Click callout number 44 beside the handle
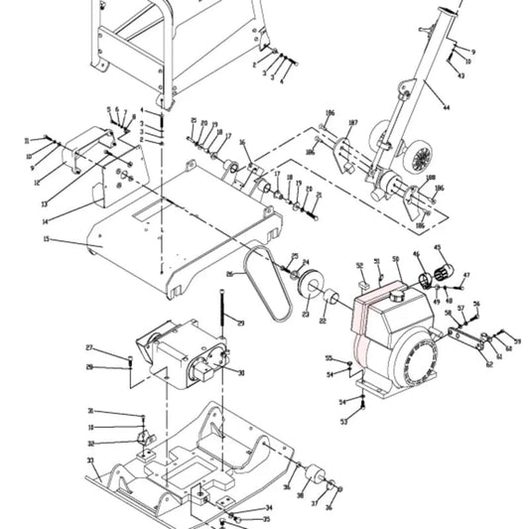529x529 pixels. pyautogui.click(x=446, y=106)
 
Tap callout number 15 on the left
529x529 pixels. pyautogui.click(x=46, y=239)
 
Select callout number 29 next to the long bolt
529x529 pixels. pyautogui.click(x=240, y=324)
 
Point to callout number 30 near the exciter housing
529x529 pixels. pyautogui.click(x=240, y=373)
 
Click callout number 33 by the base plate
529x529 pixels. pyautogui.click(x=90, y=461)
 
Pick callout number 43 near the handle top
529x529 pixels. pyautogui.click(x=461, y=75)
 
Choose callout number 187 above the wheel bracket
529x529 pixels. pyautogui.click(x=352, y=123)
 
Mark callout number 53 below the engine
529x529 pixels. pyautogui.click(x=344, y=422)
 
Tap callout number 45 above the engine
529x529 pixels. pyautogui.click(x=438, y=247)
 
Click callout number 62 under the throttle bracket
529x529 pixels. pyautogui.click(x=488, y=364)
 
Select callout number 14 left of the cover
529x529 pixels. pyautogui.click(x=46, y=220)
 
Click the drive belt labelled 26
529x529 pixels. pyautogui.click(x=267, y=280)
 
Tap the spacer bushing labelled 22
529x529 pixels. pyautogui.click(x=324, y=298)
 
